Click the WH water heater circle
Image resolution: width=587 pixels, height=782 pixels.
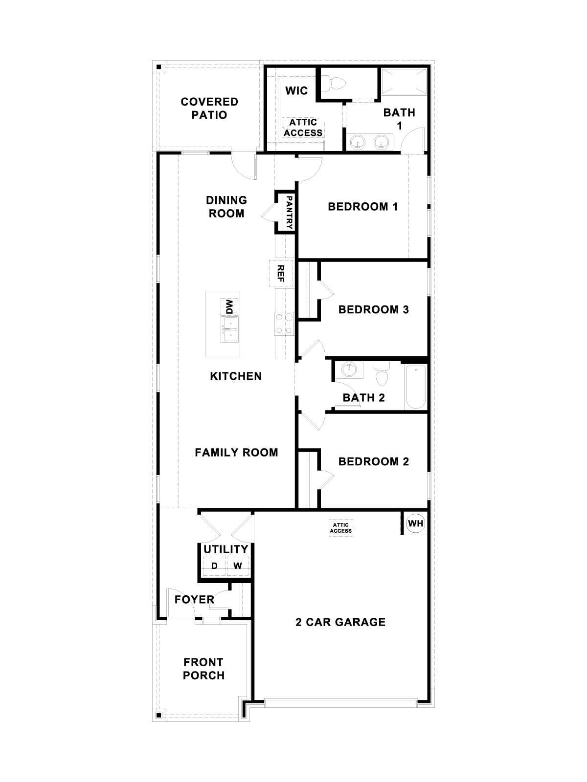pos(415,523)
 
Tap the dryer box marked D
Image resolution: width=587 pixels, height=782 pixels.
pos(214,566)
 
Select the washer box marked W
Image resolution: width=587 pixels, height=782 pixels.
pos(238,566)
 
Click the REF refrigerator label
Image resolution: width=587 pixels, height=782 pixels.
pos(281,274)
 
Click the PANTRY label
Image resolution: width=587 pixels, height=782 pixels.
pos(289,213)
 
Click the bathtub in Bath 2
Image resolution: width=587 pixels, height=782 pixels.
pos(416,387)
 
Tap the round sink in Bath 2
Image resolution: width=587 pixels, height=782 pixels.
pos(349,370)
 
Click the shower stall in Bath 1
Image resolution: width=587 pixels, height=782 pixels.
pos(404,81)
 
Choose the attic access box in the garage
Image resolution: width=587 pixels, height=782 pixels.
pos(341,528)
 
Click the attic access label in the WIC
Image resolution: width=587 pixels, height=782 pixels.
pos(303,128)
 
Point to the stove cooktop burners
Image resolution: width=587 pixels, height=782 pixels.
pos(284,324)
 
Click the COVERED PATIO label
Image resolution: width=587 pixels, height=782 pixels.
pos(209,108)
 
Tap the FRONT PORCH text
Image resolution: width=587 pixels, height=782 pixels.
pos(203,669)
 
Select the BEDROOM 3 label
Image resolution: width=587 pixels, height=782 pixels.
pos(373,309)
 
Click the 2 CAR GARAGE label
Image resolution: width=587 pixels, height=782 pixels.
pos(340,622)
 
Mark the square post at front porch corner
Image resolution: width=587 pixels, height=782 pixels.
pos(158,716)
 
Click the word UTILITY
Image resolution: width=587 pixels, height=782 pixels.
pos(226,549)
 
